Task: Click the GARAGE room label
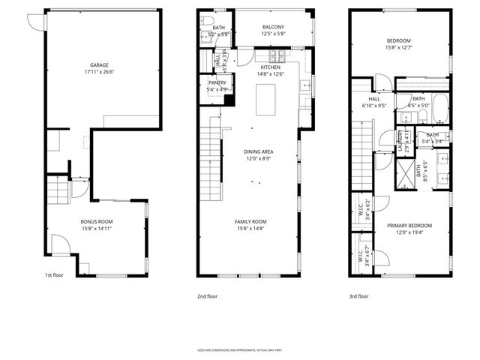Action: [x=100, y=65]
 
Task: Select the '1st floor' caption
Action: [x=55, y=275]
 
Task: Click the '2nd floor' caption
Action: [x=207, y=296]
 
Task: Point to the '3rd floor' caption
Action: [x=358, y=296]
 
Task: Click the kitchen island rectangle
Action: [x=266, y=100]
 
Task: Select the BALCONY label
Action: [x=261, y=27]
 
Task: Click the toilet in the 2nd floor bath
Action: [x=208, y=22]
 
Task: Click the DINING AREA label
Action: [x=257, y=152]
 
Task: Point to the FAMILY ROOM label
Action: [x=250, y=221]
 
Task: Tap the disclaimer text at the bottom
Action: [x=240, y=349]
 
